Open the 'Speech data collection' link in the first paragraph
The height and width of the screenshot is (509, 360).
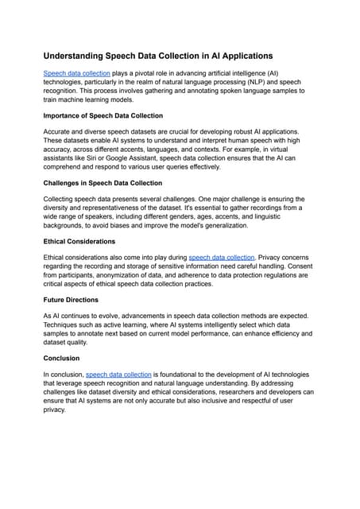coord(76,72)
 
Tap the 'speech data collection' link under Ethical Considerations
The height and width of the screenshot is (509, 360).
coord(221,257)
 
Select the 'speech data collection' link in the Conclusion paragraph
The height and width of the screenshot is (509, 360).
coord(118,373)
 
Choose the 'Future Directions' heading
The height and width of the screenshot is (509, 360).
coord(71,300)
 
